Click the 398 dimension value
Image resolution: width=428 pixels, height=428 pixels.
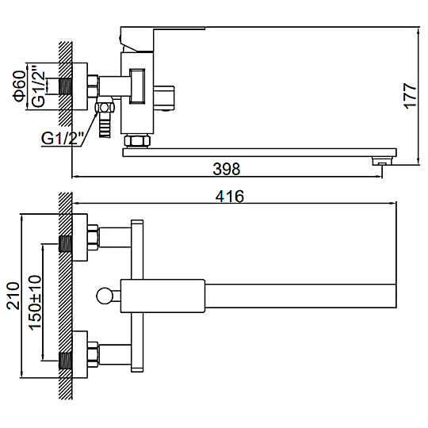(x=226, y=169)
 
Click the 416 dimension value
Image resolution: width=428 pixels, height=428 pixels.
(x=229, y=197)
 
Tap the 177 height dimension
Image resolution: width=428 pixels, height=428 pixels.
(x=411, y=96)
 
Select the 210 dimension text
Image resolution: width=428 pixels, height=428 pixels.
(x=13, y=296)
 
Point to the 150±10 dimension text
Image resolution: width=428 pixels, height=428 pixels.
(x=36, y=303)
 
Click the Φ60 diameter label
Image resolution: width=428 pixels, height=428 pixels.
(x=19, y=86)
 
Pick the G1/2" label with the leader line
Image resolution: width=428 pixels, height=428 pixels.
(x=63, y=138)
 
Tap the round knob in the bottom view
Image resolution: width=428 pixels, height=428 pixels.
(x=105, y=296)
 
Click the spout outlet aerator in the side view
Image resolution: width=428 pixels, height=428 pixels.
(x=382, y=161)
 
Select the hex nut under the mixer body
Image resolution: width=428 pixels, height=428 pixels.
(x=137, y=140)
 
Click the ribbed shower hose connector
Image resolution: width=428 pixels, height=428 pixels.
(x=105, y=125)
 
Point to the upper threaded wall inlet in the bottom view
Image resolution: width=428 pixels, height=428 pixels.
(x=66, y=244)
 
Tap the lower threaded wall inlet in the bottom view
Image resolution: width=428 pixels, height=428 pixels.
(x=66, y=361)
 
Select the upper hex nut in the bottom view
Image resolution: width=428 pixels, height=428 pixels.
(x=93, y=238)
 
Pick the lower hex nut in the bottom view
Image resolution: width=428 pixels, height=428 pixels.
(x=93, y=355)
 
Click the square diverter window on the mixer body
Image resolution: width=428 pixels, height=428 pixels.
(x=137, y=86)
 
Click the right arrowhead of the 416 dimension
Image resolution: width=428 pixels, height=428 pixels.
(x=392, y=203)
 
